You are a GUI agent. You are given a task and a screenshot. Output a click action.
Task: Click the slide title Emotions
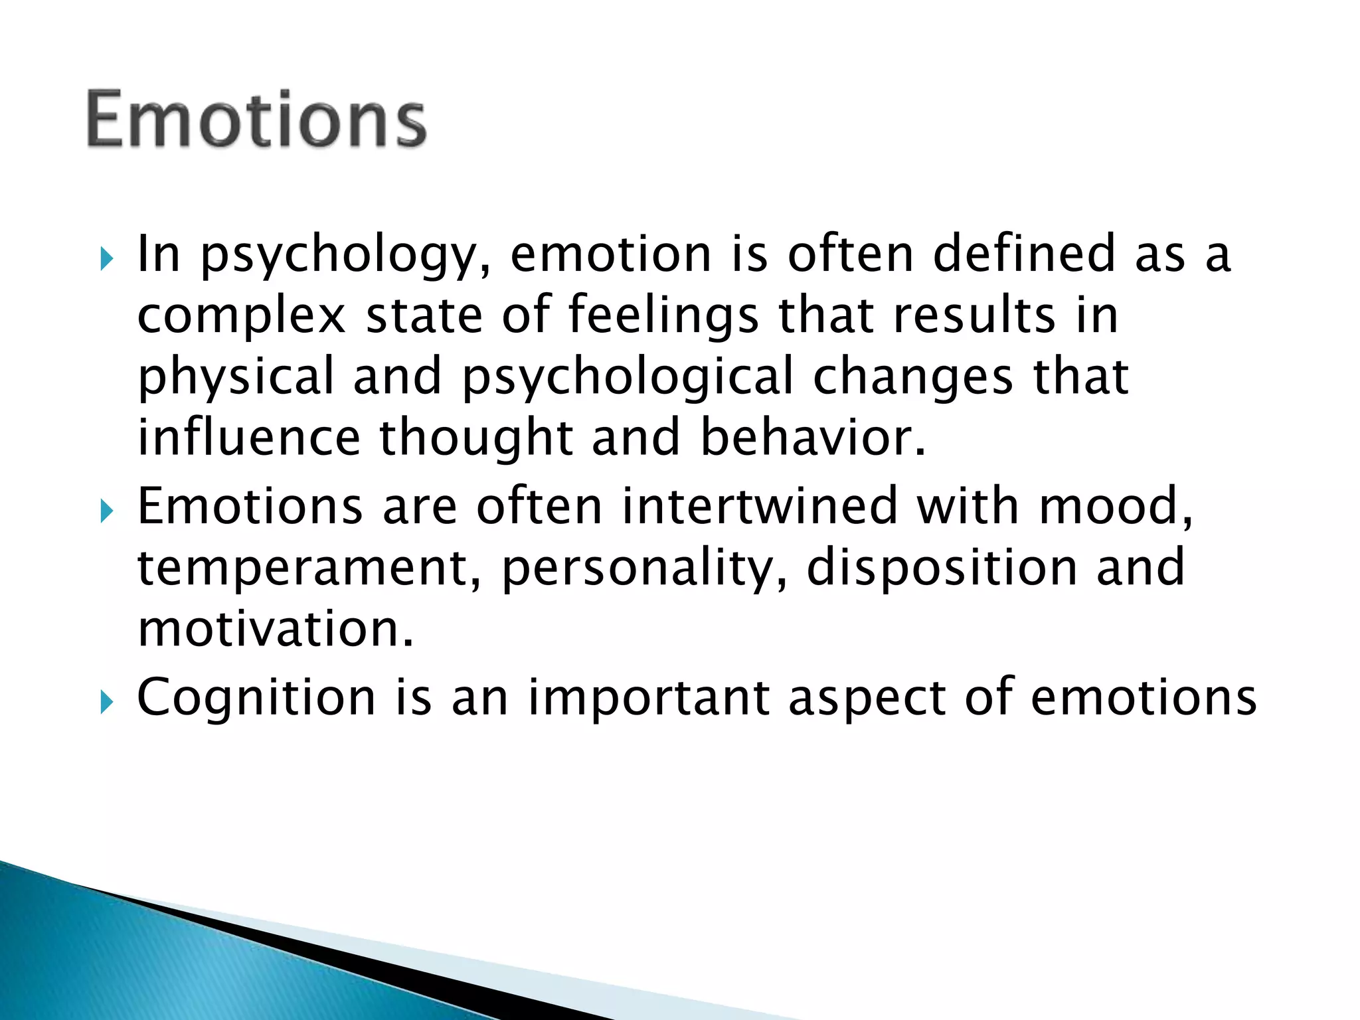pyautogui.click(x=256, y=120)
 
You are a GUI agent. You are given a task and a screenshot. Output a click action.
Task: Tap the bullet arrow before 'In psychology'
pyautogui.click(x=106, y=259)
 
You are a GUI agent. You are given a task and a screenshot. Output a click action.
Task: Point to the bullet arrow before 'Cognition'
pyautogui.click(x=106, y=702)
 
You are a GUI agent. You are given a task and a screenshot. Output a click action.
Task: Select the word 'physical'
pyautogui.click(x=236, y=377)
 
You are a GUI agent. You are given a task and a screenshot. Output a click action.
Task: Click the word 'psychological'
pyautogui.click(x=628, y=377)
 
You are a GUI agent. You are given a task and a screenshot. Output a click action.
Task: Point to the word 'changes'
pyautogui.click(x=913, y=377)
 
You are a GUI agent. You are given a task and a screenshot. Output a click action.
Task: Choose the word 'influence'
pyautogui.click(x=248, y=438)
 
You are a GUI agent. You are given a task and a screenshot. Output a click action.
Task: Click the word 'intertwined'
pyautogui.click(x=760, y=505)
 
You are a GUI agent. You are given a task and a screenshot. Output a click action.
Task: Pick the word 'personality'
pyautogui.click(x=644, y=568)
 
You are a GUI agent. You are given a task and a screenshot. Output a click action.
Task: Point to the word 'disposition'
pyautogui.click(x=942, y=568)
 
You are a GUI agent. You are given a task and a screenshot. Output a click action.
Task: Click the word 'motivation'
pyautogui.click(x=275, y=628)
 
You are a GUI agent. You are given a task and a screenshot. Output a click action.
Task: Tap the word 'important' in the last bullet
pyautogui.click(x=649, y=698)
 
